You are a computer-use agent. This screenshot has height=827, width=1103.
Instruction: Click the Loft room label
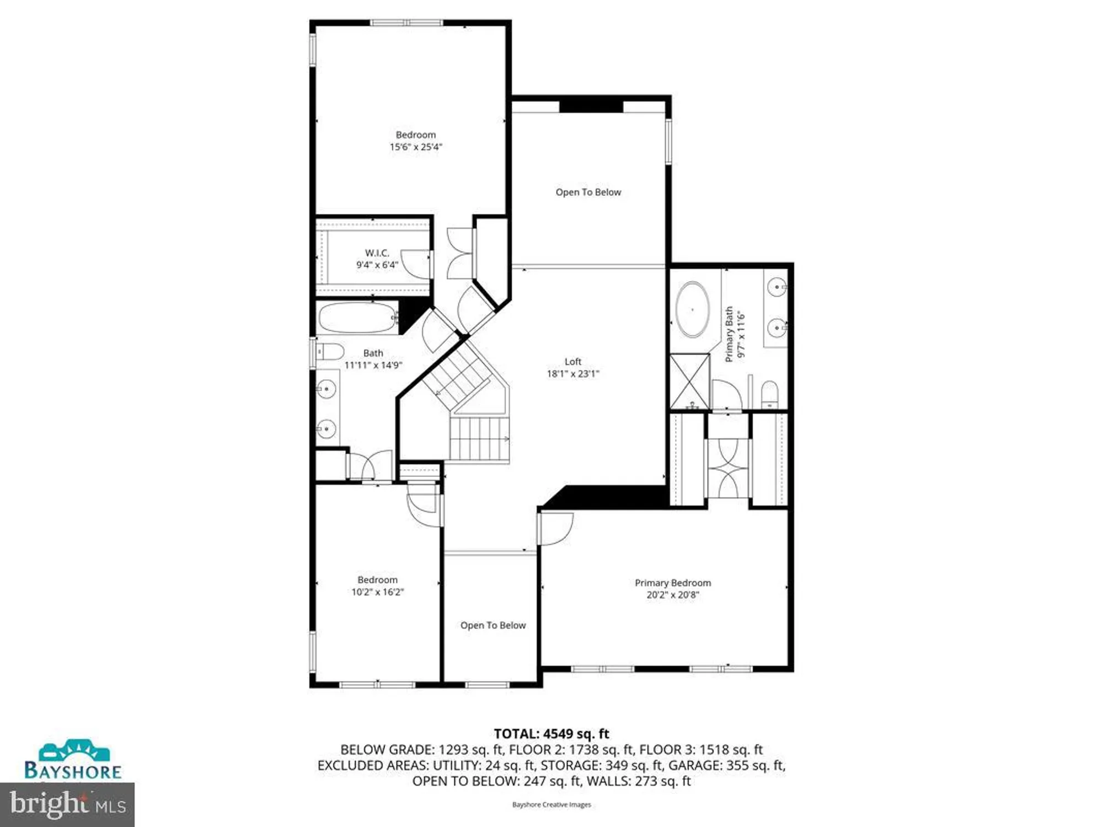point(572,362)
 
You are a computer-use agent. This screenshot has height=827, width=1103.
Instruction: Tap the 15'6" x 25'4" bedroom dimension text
point(416,147)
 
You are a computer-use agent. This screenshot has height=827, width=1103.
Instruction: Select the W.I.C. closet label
point(377,253)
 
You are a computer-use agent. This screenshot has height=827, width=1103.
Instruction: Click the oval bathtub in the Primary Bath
point(693,309)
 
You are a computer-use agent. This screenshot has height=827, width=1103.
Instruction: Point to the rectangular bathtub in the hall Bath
point(357,318)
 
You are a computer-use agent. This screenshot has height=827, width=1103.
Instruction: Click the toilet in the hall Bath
point(330,351)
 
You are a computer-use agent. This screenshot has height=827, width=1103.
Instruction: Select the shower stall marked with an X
point(689,381)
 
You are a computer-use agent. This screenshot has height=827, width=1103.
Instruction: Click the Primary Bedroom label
point(672,583)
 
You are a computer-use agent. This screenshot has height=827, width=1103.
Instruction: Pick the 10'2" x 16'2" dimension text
point(377,592)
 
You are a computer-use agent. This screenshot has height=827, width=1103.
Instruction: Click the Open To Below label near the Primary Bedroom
point(492,625)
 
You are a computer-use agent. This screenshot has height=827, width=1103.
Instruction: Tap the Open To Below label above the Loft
point(588,192)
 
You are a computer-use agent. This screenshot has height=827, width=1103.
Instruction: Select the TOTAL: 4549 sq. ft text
point(551,734)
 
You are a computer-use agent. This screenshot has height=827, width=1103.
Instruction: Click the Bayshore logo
point(73,760)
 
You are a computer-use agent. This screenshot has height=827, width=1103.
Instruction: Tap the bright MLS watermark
point(67,804)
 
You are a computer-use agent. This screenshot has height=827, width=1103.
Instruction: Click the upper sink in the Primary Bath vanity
point(777,287)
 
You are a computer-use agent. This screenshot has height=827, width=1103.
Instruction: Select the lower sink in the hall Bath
point(326,428)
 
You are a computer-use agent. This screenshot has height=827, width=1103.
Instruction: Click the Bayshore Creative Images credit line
point(551,805)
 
